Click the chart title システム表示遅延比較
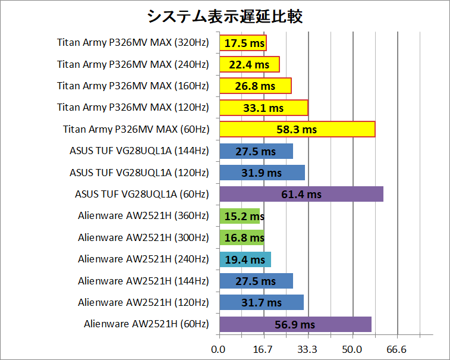225,16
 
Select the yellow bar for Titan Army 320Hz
243,43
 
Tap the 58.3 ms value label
297,129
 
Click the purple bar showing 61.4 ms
301,194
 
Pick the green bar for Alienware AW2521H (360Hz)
239,216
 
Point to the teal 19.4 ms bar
245,259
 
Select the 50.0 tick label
353,349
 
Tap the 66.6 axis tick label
396,349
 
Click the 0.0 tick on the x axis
219,349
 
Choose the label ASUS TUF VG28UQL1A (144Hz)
139,151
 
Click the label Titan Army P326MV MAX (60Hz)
136,129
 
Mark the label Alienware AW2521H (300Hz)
143,237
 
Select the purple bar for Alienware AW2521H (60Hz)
295,324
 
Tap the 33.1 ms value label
264,108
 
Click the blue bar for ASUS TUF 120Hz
262,173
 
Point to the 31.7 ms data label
262,302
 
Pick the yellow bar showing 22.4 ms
249,64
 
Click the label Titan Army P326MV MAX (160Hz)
133,86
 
